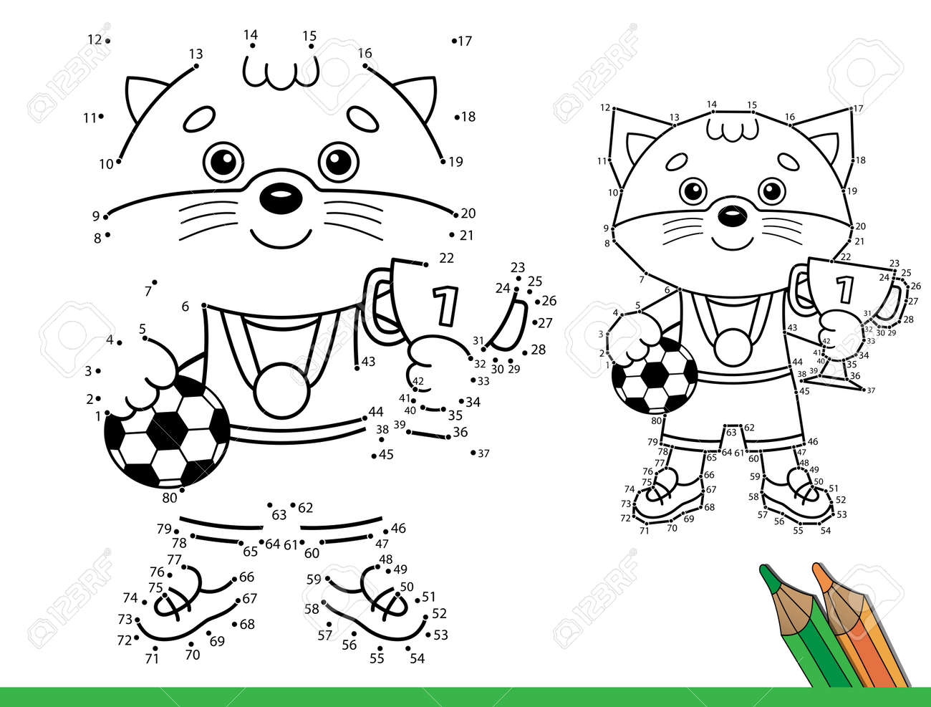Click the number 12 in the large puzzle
pyautogui.click(x=95, y=39)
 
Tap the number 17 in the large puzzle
pyautogui.click(x=465, y=41)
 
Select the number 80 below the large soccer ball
pyautogui.click(x=169, y=497)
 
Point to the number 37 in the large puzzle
pyautogui.click(x=483, y=453)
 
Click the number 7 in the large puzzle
pyautogui.click(x=148, y=291)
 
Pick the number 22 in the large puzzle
pyautogui.click(x=446, y=258)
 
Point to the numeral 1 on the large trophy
pyautogui.click(x=446, y=306)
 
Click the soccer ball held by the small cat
pyautogui.click(x=654, y=378)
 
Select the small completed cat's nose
pyautogui.click(x=728, y=213)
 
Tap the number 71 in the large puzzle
pyautogui.click(x=152, y=658)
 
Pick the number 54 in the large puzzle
pyautogui.click(x=417, y=658)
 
